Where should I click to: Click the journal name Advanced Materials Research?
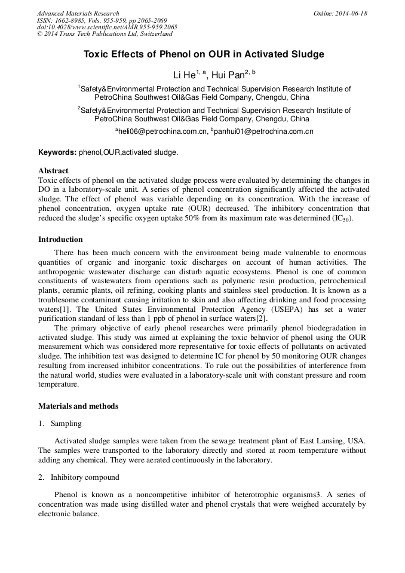pyautogui.click(x=78, y=13)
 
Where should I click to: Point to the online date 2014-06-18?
pyautogui.click(x=351, y=13)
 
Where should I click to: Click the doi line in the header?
pyautogui.click(x=107, y=27)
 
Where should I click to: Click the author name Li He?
pyautogui.click(x=183, y=75)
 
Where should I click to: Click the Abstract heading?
pyautogui.click(x=53, y=171)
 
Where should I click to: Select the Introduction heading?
pyautogui.click(x=60, y=240)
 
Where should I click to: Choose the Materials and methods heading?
pyautogui.click(x=78, y=406)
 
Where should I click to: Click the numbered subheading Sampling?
pyautogui.click(x=65, y=424)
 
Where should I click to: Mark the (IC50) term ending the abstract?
pyautogui.click(x=342, y=219)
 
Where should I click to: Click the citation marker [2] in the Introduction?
pyautogui.click(x=261, y=318)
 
